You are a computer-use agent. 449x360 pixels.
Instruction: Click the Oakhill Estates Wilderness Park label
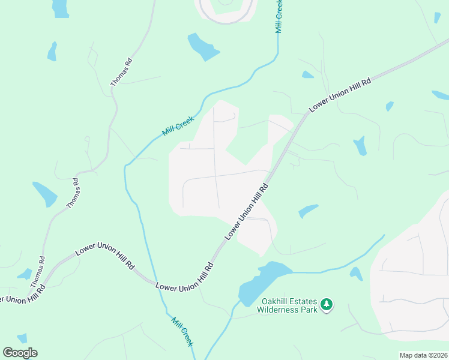(x=287, y=305)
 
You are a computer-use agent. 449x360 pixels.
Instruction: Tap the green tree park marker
(x=327, y=305)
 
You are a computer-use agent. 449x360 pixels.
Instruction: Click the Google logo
(x=20, y=353)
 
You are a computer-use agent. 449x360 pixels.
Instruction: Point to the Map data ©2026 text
(x=423, y=355)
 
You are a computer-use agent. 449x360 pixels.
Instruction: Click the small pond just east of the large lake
(x=356, y=274)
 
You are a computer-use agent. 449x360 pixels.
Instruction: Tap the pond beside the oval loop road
(x=203, y=46)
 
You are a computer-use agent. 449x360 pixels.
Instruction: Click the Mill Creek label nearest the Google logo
(x=182, y=331)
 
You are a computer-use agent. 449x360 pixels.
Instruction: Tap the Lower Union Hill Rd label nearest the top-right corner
(x=339, y=94)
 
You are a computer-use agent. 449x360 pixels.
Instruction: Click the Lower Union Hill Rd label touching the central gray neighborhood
(x=246, y=213)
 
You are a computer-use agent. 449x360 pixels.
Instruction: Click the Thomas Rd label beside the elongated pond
(x=73, y=193)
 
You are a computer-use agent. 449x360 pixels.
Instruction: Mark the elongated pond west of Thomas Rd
(x=44, y=193)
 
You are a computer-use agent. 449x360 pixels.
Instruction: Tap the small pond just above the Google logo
(x=22, y=338)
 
